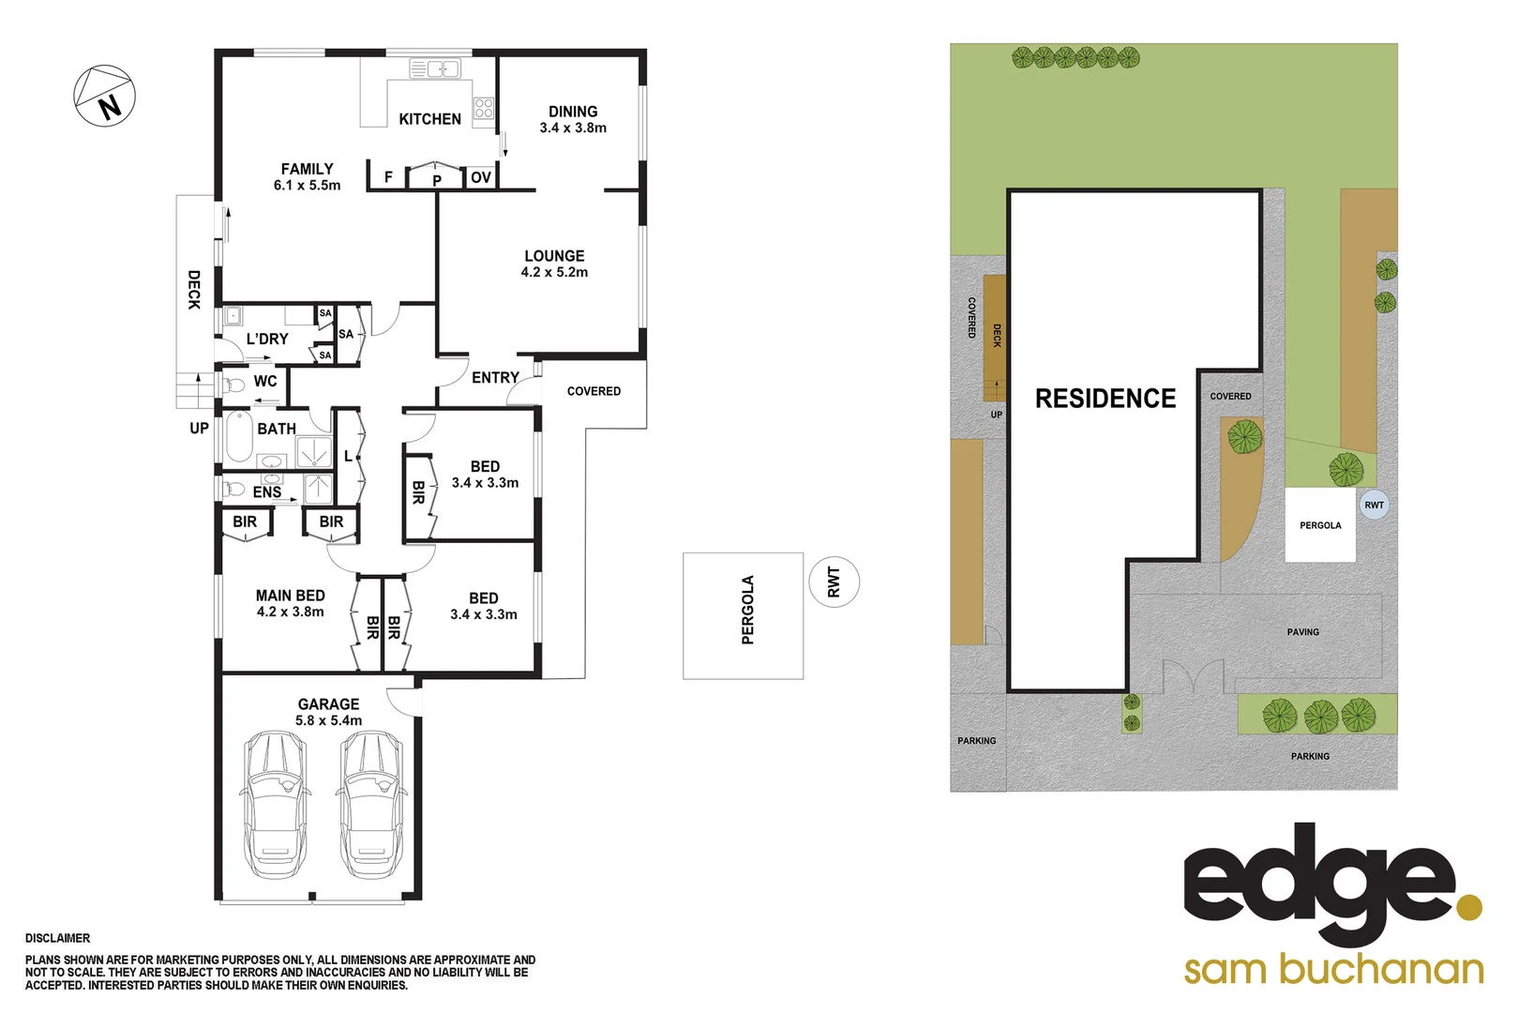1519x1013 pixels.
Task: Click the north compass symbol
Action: [x=105, y=96]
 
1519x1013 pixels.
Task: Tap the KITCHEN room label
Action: [x=429, y=119]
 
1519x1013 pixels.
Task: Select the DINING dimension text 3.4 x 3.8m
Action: [x=573, y=129]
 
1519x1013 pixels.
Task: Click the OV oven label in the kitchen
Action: [x=481, y=177]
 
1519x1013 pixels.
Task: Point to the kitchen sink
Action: [x=435, y=68]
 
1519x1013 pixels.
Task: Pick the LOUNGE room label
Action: [x=554, y=256]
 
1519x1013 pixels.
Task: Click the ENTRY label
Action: [x=495, y=377]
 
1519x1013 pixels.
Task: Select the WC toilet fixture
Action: [x=233, y=384]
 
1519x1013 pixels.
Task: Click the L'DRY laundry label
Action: [x=267, y=339]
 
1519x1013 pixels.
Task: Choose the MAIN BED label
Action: [x=291, y=596]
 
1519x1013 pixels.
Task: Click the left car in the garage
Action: [x=276, y=804]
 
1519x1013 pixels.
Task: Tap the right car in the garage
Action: [x=372, y=804]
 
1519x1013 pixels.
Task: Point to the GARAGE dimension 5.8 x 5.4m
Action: [x=328, y=720]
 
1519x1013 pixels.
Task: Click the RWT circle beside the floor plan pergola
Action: [x=834, y=582]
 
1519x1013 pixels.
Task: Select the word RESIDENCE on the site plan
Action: [x=1105, y=399]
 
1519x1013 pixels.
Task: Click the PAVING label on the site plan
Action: [x=1302, y=632]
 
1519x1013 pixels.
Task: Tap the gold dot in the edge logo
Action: [x=1469, y=907]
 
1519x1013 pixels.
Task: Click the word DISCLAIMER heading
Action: [x=58, y=938]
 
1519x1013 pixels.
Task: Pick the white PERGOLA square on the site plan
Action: [x=1320, y=525]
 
